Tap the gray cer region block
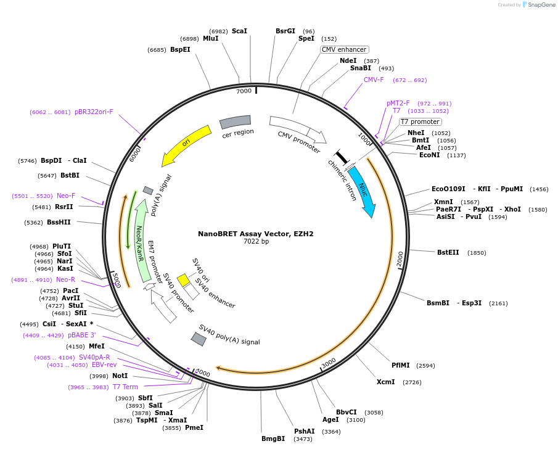(236, 122)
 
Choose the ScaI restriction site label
(239, 31)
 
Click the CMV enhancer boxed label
(344, 49)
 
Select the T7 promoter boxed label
(420, 122)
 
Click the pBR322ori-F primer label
(94, 112)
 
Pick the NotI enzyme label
(120, 376)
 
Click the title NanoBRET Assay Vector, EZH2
(255, 234)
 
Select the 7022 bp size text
(256, 241)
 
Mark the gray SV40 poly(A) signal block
(199, 339)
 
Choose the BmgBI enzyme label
(273, 439)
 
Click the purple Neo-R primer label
(65, 279)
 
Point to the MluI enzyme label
(211, 38)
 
